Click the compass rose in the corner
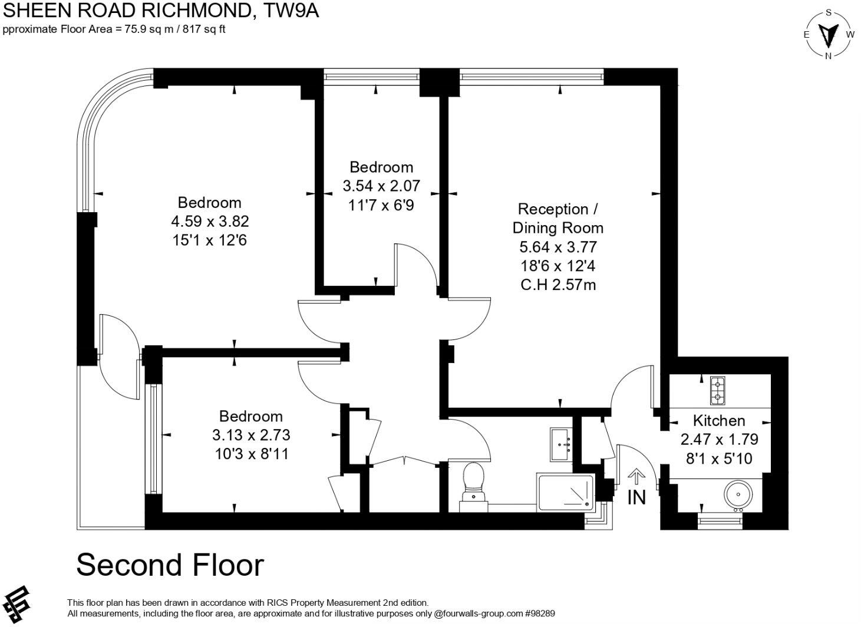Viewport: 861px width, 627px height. pyautogui.click(x=829, y=34)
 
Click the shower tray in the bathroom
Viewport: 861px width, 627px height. pyautogui.click(x=566, y=491)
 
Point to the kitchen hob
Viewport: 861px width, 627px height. pyautogui.click(x=718, y=390)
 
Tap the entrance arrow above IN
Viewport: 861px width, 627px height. pyautogui.click(x=636, y=476)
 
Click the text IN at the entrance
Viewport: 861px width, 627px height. pyautogui.click(x=636, y=498)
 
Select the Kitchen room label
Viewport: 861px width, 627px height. pyautogui.click(x=718, y=421)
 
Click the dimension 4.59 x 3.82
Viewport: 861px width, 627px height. pyautogui.click(x=210, y=222)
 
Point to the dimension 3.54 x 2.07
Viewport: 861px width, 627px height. pyautogui.click(x=381, y=186)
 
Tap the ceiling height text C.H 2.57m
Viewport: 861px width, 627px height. pyautogui.click(x=558, y=285)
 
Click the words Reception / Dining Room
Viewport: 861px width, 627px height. pyautogui.click(x=557, y=218)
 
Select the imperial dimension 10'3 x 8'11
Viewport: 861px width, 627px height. pyautogui.click(x=251, y=454)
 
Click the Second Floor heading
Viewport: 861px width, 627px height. pyautogui.click(x=170, y=565)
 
